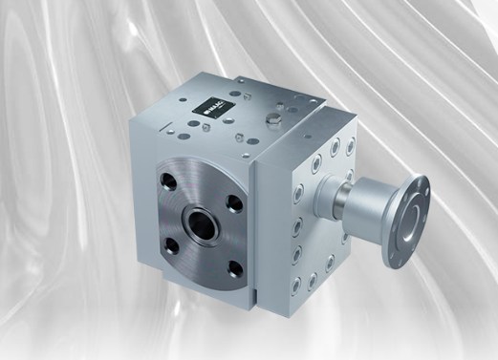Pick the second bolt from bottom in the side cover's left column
pyautogui.click(x=297, y=255)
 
